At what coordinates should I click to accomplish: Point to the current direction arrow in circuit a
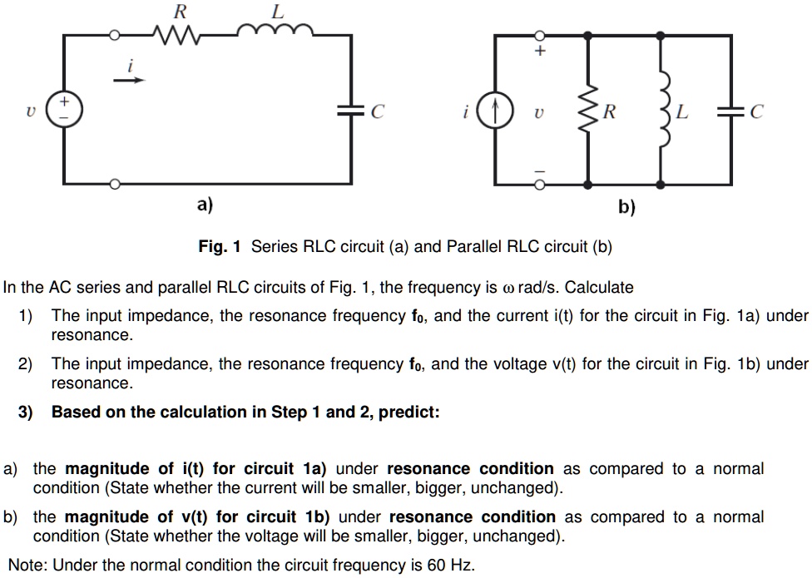(129, 81)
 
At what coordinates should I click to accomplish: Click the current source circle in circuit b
(497, 111)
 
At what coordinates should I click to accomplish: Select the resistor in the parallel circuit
(589, 111)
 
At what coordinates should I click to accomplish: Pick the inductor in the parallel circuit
(662, 111)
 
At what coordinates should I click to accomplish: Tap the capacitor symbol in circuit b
(732, 111)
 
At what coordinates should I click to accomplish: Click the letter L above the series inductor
(277, 11)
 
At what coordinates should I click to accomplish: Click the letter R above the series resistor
(180, 11)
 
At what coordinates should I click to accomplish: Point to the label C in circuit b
(756, 111)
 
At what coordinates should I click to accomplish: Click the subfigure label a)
(205, 204)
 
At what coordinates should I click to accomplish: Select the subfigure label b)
(626, 206)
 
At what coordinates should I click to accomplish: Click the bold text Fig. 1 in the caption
(220, 246)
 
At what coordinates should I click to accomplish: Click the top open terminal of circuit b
(539, 35)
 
